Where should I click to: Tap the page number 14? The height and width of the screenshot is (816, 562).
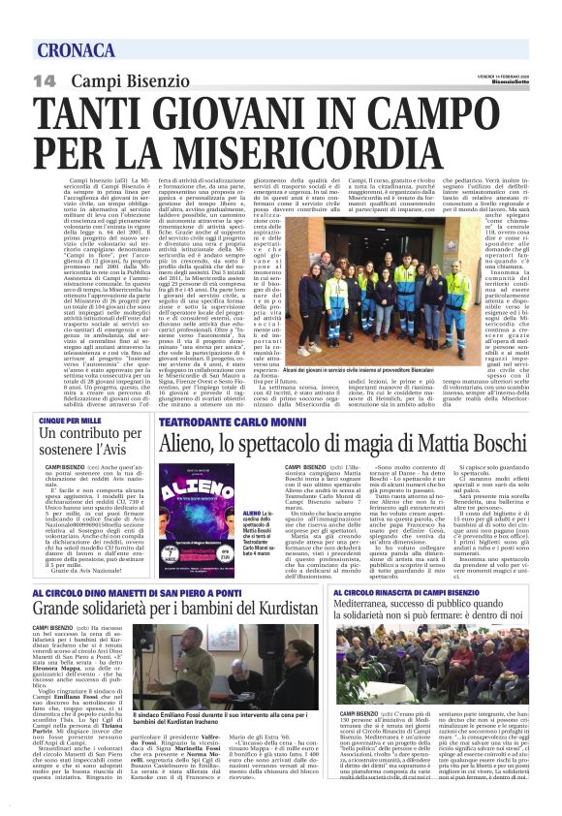pos(44,80)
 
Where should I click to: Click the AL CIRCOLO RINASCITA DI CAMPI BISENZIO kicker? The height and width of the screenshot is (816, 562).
pos(403,591)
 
